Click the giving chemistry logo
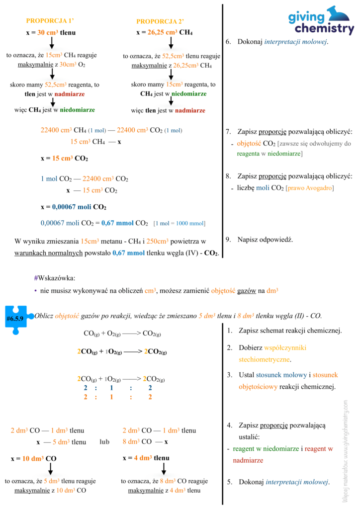tap(321, 20)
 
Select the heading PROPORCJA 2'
tap(160, 21)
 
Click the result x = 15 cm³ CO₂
tap(64, 159)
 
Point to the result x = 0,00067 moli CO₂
tap(73, 207)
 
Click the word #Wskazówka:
tap(55, 278)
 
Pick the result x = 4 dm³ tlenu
tap(146, 458)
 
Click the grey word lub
tap(104, 441)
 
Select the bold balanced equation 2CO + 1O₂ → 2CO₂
tap(122, 352)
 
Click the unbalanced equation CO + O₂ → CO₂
tap(122, 333)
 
